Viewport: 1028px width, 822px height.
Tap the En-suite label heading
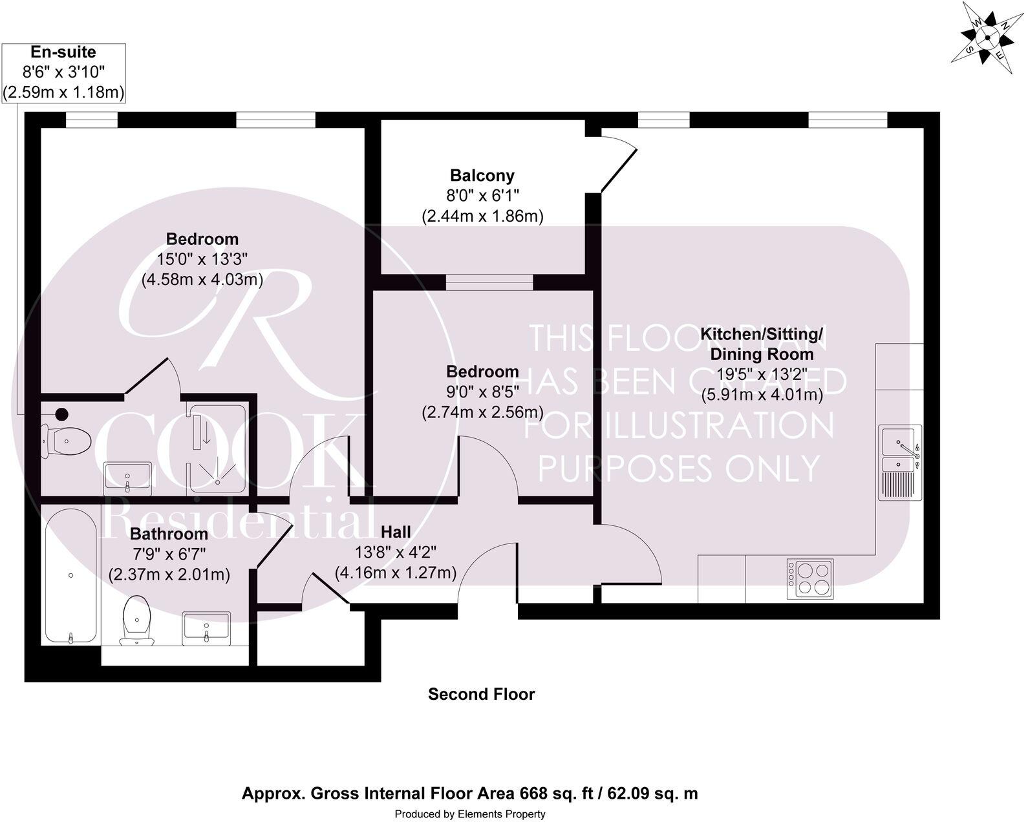click(x=63, y=52)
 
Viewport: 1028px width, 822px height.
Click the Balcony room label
click(x=482, y=175)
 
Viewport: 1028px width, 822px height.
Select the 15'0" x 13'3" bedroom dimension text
click(x=202, y=259)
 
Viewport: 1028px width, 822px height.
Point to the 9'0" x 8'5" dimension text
click(x=482, y=392)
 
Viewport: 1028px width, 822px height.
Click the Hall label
click(x=396, y=532)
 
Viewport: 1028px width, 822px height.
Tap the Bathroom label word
click(x=169, y=534)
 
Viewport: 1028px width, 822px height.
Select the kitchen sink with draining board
click(x=899, y=463)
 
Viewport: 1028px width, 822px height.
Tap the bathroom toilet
click(x=136, y=620)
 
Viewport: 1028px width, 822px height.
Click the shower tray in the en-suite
click(x=217, y=449)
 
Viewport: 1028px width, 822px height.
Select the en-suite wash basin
click(x=127, y=477)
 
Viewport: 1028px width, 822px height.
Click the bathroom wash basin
click(x=206, y=628)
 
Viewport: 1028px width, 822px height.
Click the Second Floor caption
click(x=482, y=695)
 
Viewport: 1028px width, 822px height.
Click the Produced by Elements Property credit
click(x=470, y=814)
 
